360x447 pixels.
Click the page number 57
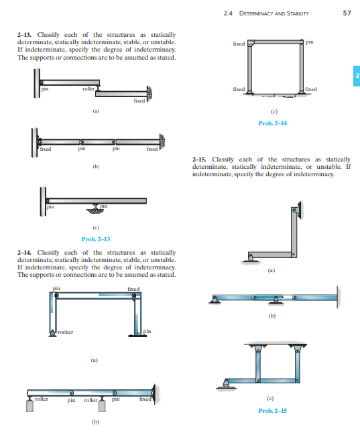[x=347, y=13]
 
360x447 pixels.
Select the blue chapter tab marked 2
[x=355, y=76]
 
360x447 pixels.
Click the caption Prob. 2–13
[x=95, y=239]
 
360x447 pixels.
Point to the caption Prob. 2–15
[x=272, y=410]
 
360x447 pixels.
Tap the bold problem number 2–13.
[x=24, y=34]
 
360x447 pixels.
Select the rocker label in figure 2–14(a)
[x=65, y=332]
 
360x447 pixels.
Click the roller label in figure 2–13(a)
[x=88, y=88]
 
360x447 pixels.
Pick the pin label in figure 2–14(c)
[x=308, y=42]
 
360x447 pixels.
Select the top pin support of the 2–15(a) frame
[x=296, y=211]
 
